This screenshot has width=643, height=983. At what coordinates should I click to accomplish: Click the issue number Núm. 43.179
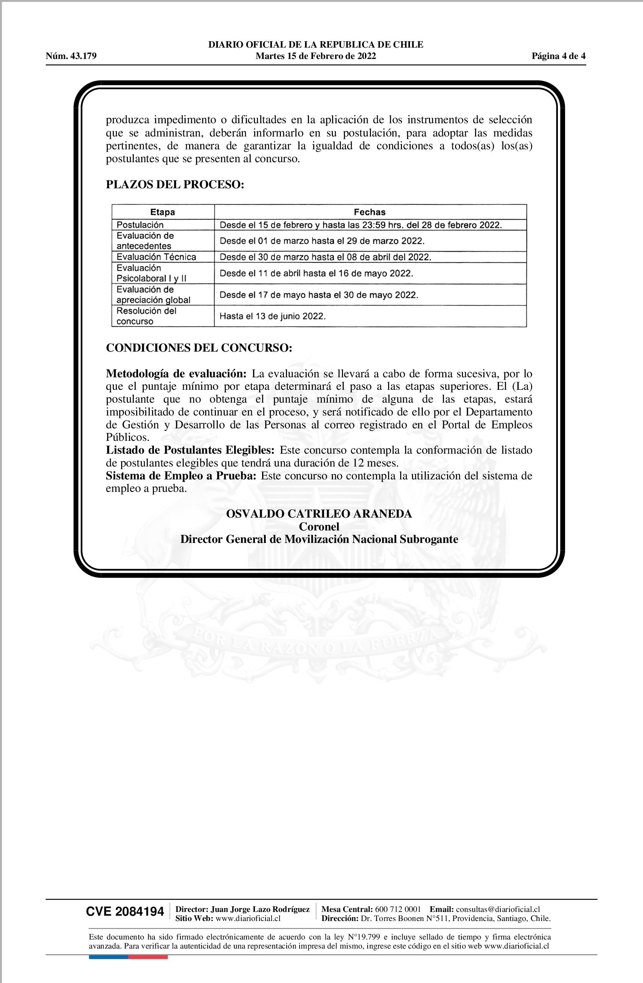click(71, 56)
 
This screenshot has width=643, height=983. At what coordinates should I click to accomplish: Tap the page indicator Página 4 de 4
click(558, 56)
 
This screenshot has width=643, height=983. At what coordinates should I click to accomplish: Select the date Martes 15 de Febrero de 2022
click(316, 56)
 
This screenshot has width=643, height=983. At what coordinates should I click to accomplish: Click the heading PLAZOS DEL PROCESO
click(175, 184)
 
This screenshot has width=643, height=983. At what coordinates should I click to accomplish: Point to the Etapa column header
click(162, 212)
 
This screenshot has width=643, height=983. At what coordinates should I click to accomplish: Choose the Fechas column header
click(370, 212)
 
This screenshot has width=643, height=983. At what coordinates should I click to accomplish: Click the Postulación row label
click(140, 225)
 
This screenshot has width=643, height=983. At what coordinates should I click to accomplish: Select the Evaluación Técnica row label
click(156, 257)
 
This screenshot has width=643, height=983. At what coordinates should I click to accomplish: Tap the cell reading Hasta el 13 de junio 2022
click(273, 316)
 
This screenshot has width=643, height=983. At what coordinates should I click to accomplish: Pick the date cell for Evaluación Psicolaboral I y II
click(316, 273)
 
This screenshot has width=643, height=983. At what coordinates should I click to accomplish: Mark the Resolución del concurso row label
click(146, 316)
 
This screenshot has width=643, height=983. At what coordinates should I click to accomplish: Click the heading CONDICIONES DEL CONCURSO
click(199, 348)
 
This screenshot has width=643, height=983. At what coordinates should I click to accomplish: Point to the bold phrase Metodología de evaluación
click(176, 374)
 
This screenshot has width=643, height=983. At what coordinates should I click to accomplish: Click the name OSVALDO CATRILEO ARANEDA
click(319, 514)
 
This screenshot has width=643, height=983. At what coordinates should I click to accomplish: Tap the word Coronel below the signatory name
click(319, 527)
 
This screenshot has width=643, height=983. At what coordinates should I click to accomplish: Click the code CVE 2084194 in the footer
click(125, 912)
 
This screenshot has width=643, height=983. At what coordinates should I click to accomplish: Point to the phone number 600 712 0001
click(398, 909)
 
